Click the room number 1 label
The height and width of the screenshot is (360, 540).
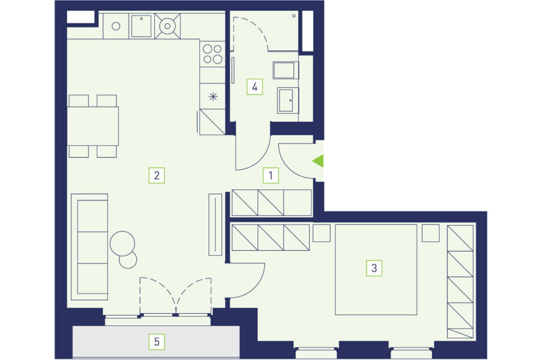(271, 175)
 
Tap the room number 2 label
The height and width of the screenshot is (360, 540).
(157, 175)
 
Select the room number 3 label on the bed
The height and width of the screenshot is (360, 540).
(374, 268)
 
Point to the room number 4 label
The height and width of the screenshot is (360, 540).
(255, 86)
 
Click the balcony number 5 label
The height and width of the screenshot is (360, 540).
(157, 342)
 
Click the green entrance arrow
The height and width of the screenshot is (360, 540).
(318, 161)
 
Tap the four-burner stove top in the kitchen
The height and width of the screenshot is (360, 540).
(212, 54)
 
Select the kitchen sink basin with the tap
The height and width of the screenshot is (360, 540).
(141, 26)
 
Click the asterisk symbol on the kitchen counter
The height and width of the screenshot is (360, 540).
(213, 97)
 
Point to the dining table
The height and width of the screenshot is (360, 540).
(92, 126)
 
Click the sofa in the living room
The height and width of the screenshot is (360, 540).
(89, 247)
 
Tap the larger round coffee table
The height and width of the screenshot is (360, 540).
(122, 243)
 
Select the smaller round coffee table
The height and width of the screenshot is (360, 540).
(128, 260)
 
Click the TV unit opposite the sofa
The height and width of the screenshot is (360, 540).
(215, 224)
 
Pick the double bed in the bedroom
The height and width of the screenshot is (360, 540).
(376, 269)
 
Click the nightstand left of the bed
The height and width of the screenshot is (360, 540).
(322, 233)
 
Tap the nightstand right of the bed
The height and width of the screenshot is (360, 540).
(431, 233)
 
